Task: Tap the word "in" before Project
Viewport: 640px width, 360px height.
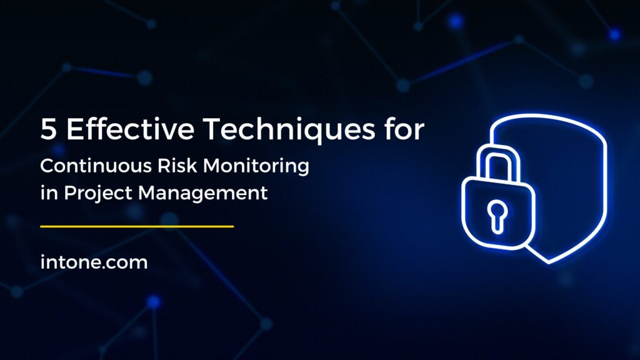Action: click(x=46, y=192)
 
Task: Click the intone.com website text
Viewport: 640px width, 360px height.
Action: click(x=94, y=262)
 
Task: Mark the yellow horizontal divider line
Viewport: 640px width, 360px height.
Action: click(x=137, y=226)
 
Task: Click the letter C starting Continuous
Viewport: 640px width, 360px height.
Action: click(x=47, y=167)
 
